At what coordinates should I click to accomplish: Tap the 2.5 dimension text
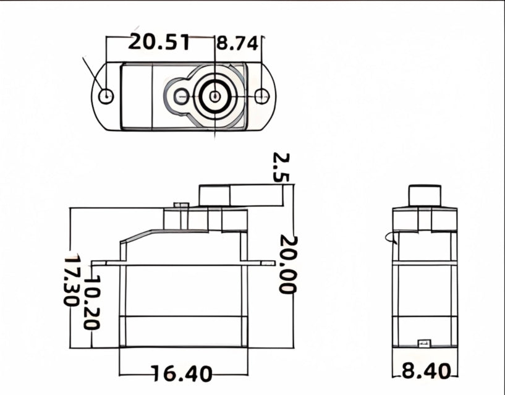point(281,167)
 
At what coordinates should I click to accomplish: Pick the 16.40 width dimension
point(182,373)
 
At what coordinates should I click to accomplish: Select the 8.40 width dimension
point(426,372)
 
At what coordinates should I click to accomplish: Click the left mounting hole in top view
point(107,96)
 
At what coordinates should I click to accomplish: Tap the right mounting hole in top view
point(261,96)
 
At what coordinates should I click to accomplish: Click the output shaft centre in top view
point(214,96)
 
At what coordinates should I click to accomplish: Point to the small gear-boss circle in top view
point(181,96)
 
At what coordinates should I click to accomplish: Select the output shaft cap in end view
point(425,195)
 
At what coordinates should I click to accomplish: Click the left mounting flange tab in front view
point(105,263)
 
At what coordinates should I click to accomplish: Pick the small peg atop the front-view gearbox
point(180,205)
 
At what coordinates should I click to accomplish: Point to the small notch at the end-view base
point(424,341)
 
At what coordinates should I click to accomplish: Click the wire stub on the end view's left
point(389,237)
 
